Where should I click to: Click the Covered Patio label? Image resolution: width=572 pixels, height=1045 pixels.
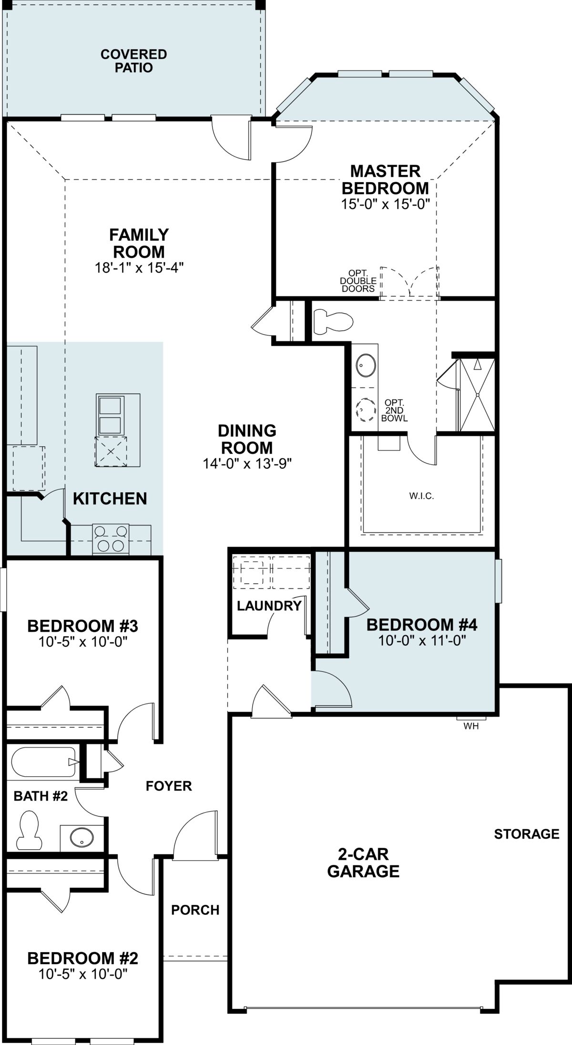click(x=133, y=61)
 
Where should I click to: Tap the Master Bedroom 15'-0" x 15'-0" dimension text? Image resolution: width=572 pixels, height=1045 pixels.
click(x=386, y=204)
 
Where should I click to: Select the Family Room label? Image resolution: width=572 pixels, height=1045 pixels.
click(x=139, y=243)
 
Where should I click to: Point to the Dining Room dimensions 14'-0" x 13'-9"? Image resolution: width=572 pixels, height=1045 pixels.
click(x=247, y=463)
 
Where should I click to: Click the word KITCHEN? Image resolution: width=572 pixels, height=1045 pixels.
click(x=110, y=498)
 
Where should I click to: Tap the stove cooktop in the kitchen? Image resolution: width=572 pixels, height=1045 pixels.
click(x=111, y=539)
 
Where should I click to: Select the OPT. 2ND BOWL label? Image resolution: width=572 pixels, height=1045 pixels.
click(x=395, y=410)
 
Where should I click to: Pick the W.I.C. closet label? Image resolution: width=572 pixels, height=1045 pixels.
click(x=421, y=496)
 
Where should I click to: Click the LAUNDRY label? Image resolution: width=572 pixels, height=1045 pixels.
click(x=269, y=606)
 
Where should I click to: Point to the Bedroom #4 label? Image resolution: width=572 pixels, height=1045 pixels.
click(x=422, y=624)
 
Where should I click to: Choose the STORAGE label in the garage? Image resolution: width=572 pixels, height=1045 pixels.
click(x=527, y=834)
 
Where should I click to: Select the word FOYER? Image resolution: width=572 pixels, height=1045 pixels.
click(x=169, y=786)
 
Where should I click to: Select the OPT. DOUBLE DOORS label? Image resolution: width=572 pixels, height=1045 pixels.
click(x=358, y=281)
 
